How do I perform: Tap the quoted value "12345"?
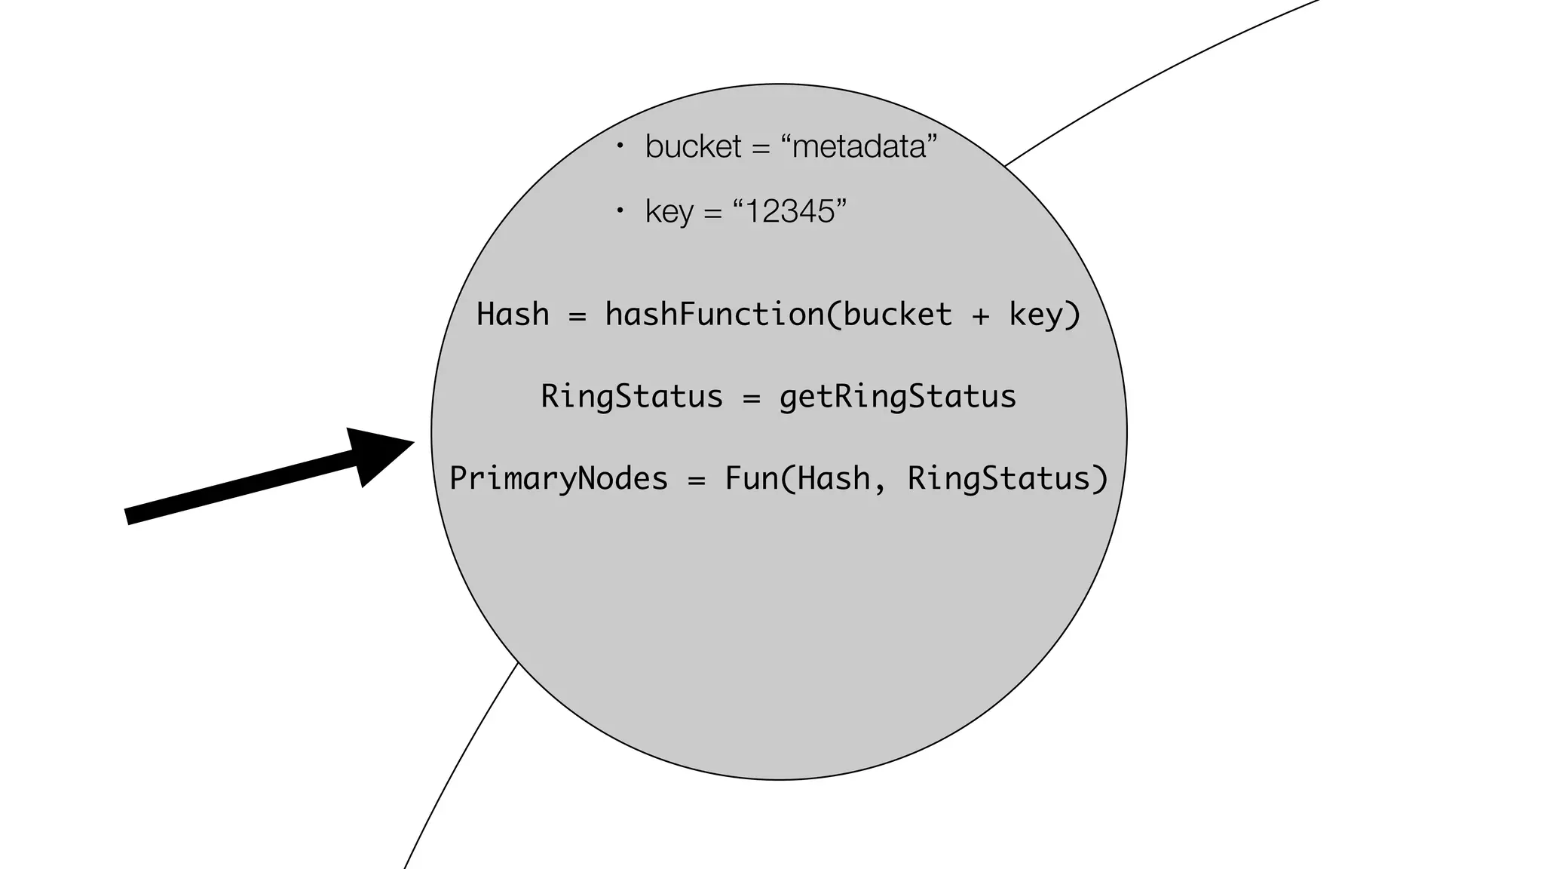790,211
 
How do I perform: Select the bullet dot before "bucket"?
620,146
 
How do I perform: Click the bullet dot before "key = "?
620,211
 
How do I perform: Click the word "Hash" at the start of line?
513,314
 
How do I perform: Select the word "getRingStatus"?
897,397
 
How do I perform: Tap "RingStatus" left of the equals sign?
632,397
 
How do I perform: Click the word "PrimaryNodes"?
559,479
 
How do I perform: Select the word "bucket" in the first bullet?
693,146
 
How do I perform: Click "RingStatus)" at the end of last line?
1007,479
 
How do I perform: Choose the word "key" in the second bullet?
669,212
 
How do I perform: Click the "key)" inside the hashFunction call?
1045,314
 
